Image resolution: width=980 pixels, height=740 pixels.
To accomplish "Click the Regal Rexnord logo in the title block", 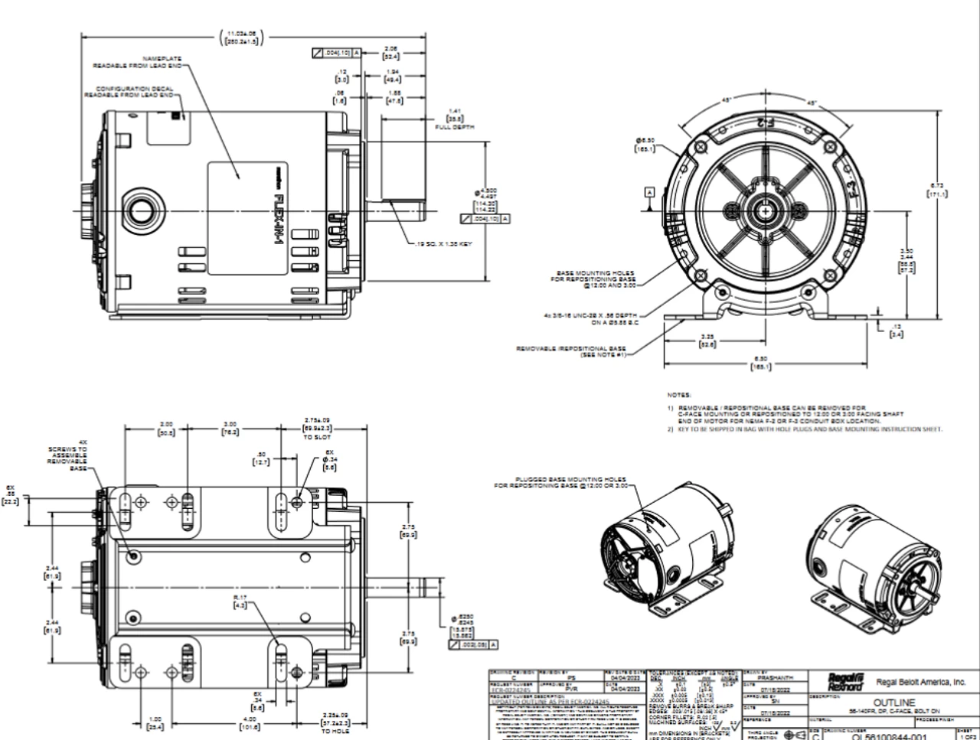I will (x=847, y=681).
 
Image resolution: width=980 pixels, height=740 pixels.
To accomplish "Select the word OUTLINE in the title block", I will (x=894, y=703).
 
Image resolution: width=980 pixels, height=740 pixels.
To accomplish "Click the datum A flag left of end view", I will (x=650, y=191).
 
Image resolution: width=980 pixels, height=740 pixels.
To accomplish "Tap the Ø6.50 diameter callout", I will (x=645, y=145).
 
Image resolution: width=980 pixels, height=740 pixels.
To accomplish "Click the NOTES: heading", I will (x=679, y=395).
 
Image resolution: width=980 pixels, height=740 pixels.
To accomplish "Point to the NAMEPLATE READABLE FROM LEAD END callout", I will (x=139, y=62).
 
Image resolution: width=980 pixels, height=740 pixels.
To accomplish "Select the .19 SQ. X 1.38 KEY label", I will (x=443, y=244).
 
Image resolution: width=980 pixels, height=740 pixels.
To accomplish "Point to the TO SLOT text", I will (x=317, y=437).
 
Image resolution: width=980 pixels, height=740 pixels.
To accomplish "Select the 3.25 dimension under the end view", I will (x=707, y=341).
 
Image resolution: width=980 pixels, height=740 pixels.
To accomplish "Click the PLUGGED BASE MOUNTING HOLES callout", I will (x=560, y=482).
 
